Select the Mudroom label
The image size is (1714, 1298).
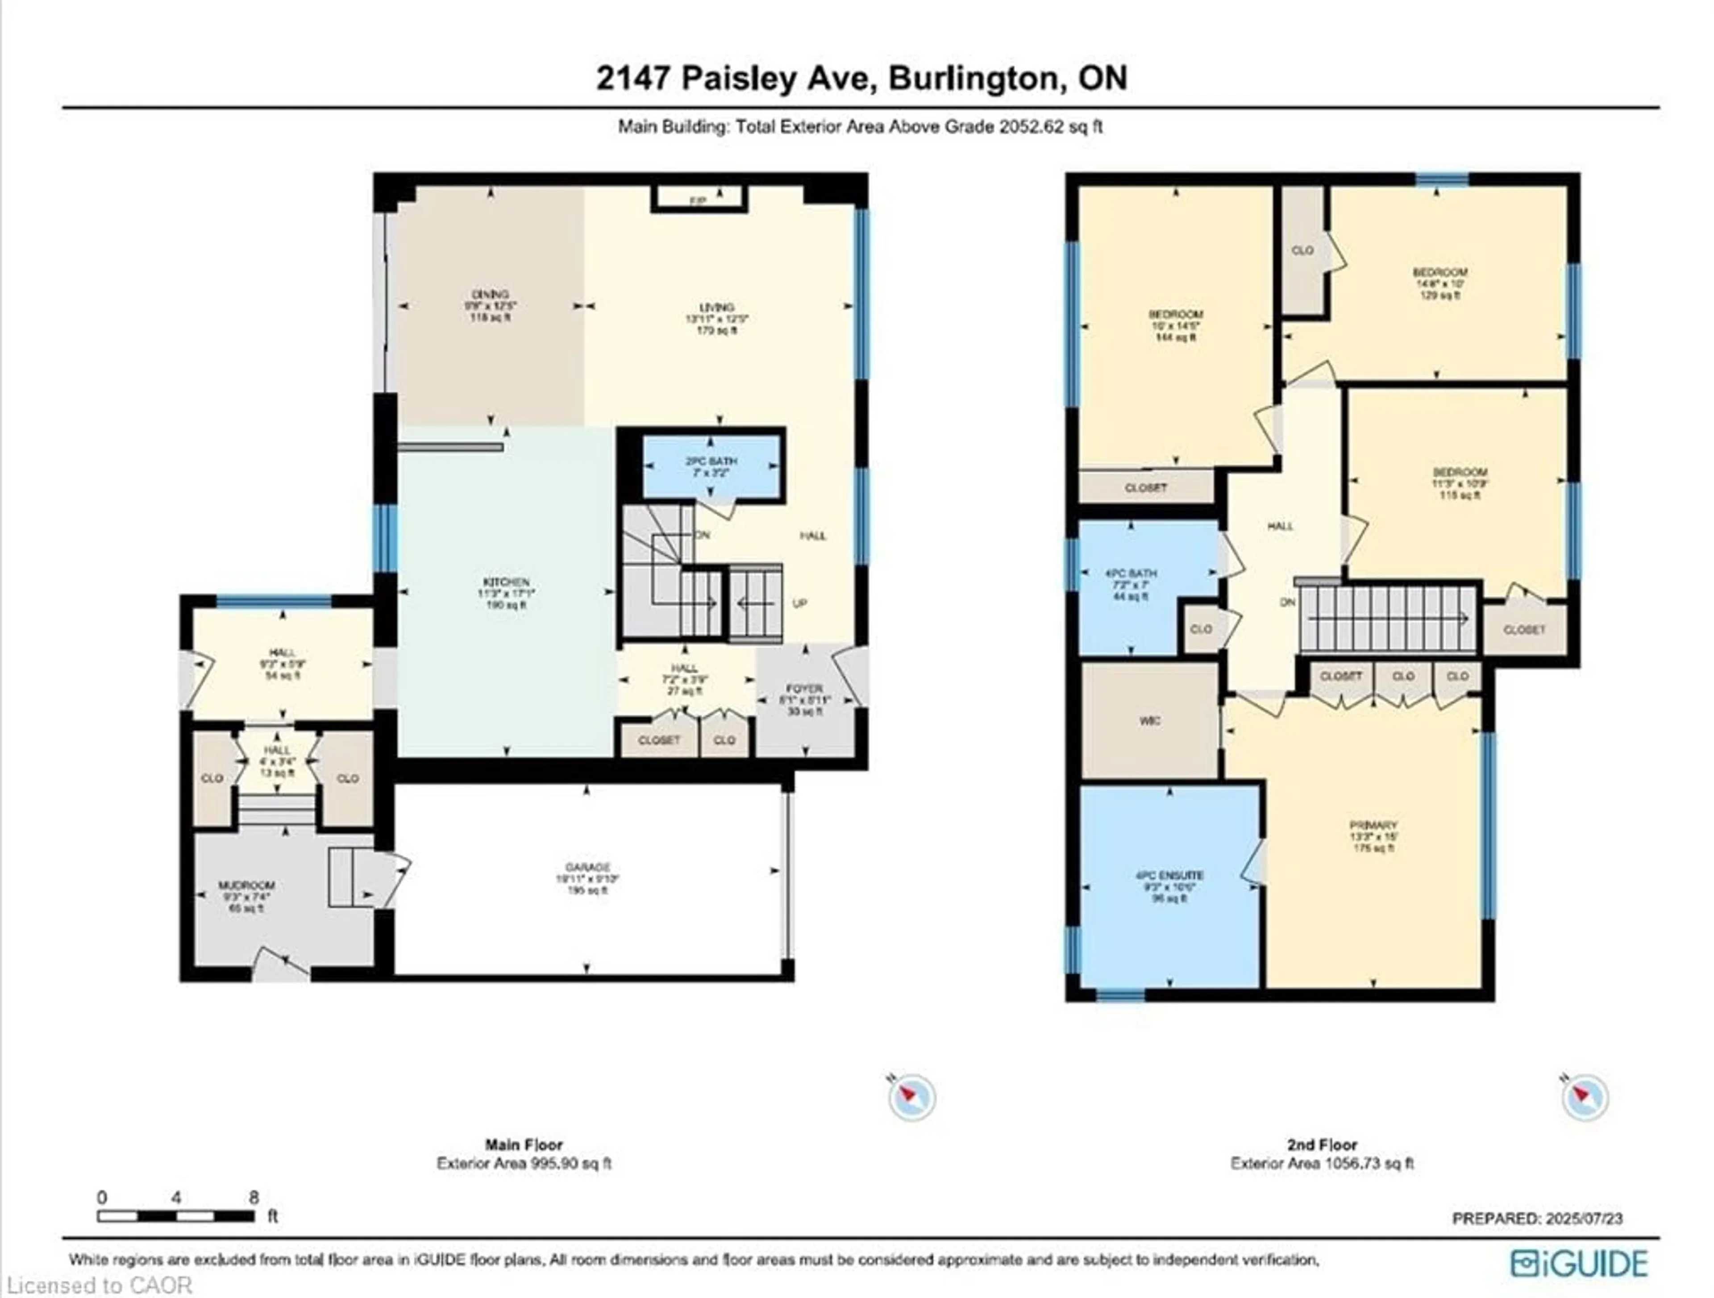point(246,885)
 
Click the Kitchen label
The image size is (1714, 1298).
point(507,582)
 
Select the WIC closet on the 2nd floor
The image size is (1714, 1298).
point(1150,721)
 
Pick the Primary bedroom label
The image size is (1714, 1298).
point(1373,825)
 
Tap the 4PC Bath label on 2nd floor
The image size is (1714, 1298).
point(1132,574)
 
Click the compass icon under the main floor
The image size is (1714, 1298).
point(912,1097)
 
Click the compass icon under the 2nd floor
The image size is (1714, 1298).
point(1585,1097)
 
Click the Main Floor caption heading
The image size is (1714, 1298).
point(524,1144)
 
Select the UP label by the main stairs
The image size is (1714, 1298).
point(800,603)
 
